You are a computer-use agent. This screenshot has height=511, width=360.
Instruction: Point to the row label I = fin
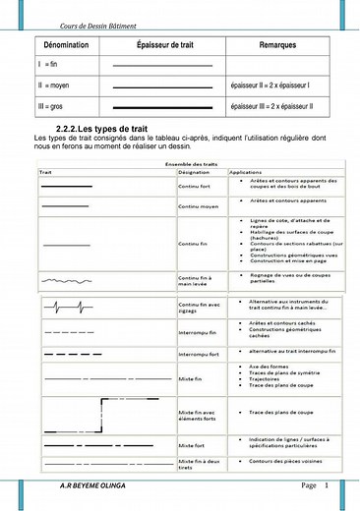[48, 65]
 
